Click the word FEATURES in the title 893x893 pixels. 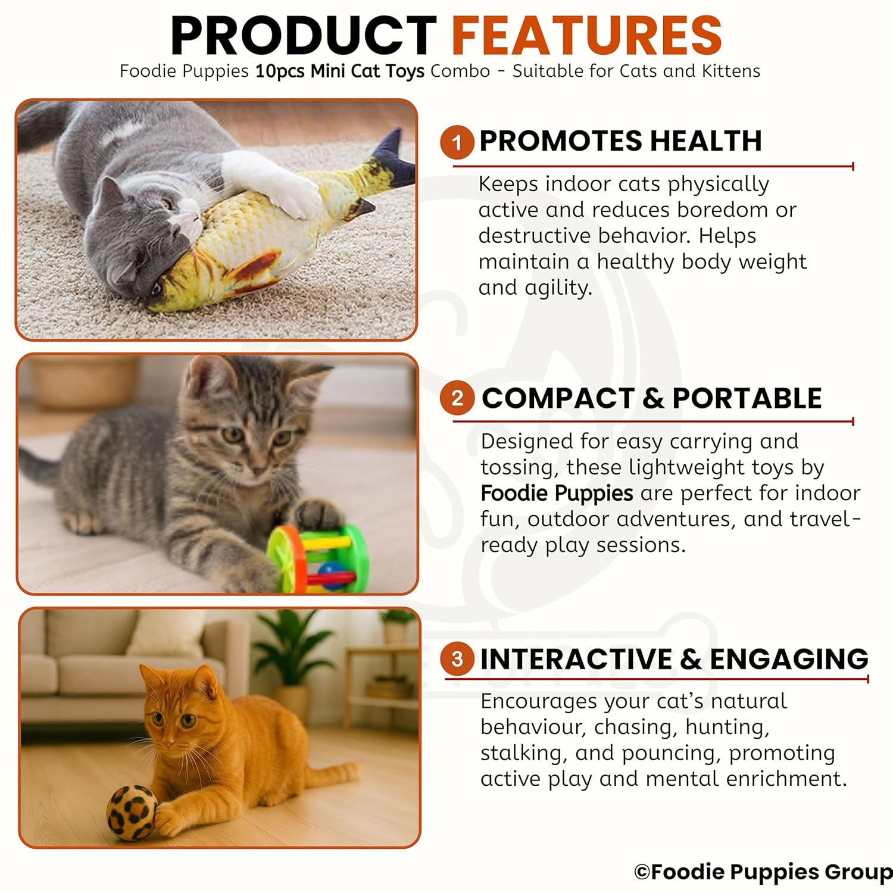(x=587, y=36)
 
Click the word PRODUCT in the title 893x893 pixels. (x=304, y=36)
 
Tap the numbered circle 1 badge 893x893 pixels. (x=457, y=143)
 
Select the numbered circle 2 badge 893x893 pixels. (x=457, y=398)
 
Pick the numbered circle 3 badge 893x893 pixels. (x=457, y=659)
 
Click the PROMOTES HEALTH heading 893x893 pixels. (x=620, y=141)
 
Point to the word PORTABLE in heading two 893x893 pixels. (x=747, y=398)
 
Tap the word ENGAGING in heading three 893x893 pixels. (x=789, y=659)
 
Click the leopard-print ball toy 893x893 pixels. (x=132, y=813)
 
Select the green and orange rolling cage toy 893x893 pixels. (x=317, y=560)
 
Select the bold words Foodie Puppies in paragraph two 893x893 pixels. (x=557, y=494)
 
